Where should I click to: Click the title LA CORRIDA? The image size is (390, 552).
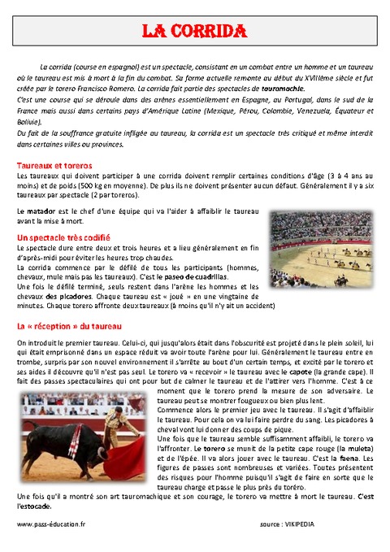coord(194,32)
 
